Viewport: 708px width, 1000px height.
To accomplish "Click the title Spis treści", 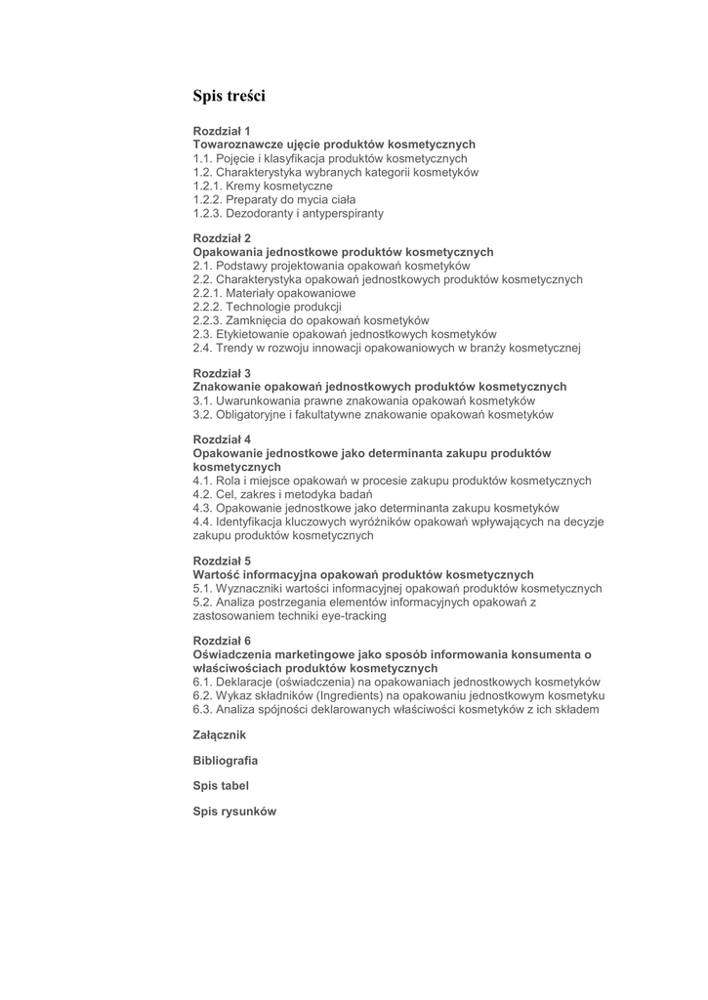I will [x=229, y=96].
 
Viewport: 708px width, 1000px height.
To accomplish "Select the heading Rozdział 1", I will [x=222, y=131].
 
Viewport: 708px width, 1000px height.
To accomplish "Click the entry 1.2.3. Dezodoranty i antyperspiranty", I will [x=288, y=213].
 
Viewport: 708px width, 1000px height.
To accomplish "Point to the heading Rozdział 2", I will [x=222, y=238].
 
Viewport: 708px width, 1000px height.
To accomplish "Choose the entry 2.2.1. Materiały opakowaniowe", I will [x=274, y=293].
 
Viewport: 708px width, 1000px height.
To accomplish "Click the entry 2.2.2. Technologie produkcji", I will [x=267, y=307].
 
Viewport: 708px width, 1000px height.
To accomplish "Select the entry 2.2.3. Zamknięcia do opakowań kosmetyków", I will [x=311, y=320].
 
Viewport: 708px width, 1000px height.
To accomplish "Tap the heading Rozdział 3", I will [x=222, y=373].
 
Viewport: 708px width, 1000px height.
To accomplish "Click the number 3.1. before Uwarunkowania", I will [x=203, y=400].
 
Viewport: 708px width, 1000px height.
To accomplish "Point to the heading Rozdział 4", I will [x=222, y=440].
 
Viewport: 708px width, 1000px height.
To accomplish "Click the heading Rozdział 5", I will [x=222, y=562].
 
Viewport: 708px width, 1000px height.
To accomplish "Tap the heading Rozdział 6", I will [x=222, y=641].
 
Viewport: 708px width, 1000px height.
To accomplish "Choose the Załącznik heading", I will [x=220, y=734].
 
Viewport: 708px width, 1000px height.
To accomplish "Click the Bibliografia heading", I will [x=226, y=760].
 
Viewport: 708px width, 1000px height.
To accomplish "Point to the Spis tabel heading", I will [x=221, y=785].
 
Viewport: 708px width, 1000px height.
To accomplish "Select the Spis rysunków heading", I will [x=234, y=811].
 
